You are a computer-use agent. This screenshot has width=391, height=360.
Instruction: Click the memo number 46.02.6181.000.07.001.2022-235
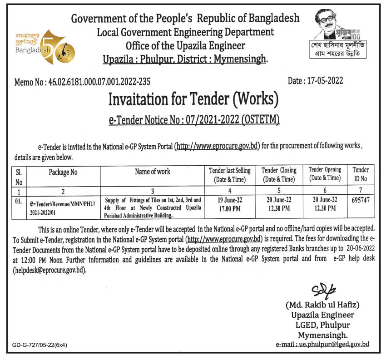pyautogui.click(x=82, y=82)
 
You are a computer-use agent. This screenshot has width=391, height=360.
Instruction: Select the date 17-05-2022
pyautogui.click(x=316, y=81)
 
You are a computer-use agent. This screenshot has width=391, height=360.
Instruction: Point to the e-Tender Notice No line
pyautogui.click(x=194, y=120)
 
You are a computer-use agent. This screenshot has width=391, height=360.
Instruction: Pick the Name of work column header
pyautogui.click(x=153, y=172)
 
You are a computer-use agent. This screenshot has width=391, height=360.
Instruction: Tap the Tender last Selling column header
pyautogui.click(x=229, y=175)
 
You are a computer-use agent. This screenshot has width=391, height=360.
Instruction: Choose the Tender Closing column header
pyautogui.click(x=279, y=175)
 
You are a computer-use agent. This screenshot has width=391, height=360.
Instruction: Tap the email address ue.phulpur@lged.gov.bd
pyautogui.click(x=322, y=345)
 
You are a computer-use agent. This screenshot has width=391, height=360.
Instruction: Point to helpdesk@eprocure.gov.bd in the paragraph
pyautogui.click(x=49, y=270)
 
